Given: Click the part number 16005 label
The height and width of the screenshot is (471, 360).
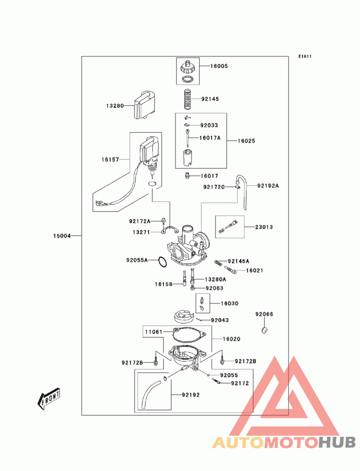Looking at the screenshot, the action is click(x=219, y=66).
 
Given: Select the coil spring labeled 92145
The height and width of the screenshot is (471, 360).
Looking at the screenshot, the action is click(x=188, y=99).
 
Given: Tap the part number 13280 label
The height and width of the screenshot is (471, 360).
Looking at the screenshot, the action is click(x=115, y=106).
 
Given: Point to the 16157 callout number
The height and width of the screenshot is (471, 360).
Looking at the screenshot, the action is click(x=110, y=160).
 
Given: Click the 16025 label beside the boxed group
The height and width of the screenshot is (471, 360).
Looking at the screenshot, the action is click(x=247, y=141).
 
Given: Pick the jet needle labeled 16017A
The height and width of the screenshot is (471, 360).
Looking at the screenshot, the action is click(x=188, y=138).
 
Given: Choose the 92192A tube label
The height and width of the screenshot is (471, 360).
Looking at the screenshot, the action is click(x=268, y=186).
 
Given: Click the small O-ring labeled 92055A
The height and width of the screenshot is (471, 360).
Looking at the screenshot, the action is click(x=162, y=262).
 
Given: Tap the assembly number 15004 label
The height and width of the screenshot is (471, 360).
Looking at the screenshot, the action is click(x=62, y=236).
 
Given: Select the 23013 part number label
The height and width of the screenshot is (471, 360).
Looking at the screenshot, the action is click(x=264, y=227).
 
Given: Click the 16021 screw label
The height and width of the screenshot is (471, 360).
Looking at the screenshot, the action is click(x=255, y=270).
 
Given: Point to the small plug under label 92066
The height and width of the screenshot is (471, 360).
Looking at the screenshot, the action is click(x=265, y=330).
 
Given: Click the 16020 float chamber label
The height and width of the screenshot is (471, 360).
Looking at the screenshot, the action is click(x=231, y=339).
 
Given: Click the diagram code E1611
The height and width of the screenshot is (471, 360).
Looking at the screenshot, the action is click(x=305, y=56).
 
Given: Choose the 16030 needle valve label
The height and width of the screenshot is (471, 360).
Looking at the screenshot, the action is click(x=229, y=303).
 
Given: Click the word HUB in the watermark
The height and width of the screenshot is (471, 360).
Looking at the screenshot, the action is click(x=337, y=442).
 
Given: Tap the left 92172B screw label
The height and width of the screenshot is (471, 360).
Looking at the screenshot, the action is click(x=132, y=363).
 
